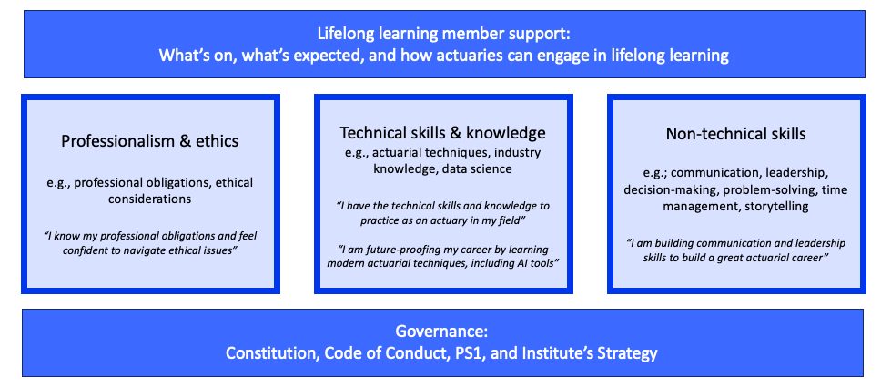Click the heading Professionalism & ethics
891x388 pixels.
pos(150,141)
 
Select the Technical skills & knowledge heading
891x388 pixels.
pos(442,133)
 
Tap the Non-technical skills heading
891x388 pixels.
pos(736,134)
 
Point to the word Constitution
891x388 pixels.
pos(270,353)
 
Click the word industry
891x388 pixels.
pos(517,153)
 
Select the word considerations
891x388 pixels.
pos(149,199)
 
